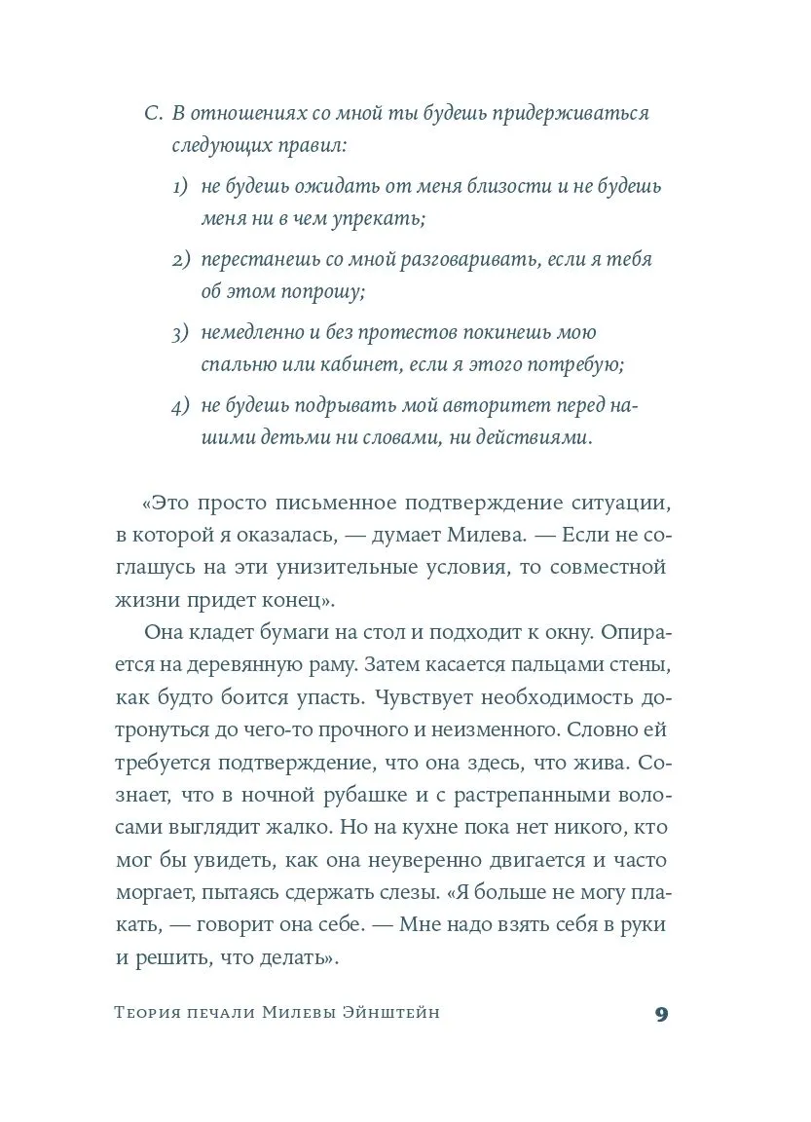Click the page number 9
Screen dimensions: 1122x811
661,1014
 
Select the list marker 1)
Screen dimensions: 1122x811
183,186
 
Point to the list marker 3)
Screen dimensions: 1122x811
183,333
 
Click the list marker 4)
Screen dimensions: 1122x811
183,406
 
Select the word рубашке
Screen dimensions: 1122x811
355,794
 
